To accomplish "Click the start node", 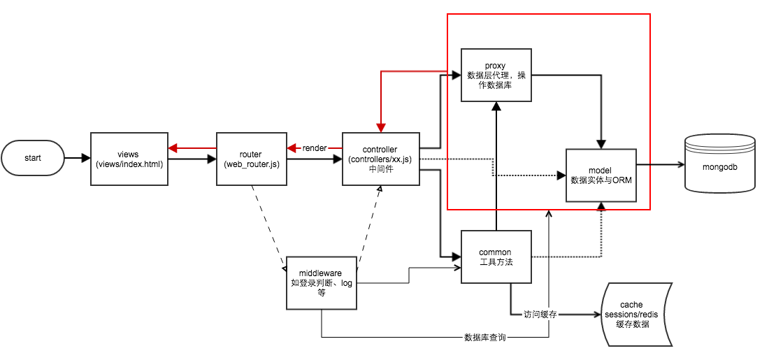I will [x=33, y=158].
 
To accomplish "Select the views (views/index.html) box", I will [x=129, y=158].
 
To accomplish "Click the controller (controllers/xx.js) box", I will [x=381, y=159].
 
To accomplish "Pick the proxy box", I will [x=496, y=75].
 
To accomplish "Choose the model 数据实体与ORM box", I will [x=601, y=175].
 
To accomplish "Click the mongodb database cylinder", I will [x=720, y=164].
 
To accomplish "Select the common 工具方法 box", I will [x=496, y=257].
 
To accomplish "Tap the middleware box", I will [x=321, y=283].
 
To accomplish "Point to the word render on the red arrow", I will [x=314, y=148].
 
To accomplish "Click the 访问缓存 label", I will [x=540, y=315].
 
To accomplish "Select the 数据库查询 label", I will [x=484, y=338].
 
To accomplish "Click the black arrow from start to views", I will [x=77, y=158].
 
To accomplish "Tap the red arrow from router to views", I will [x=192, y=148].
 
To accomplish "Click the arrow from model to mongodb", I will [x=661, y=165].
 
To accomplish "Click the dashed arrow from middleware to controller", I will [x=368, y=227].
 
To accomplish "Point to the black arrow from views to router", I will [x=192, y=159].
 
